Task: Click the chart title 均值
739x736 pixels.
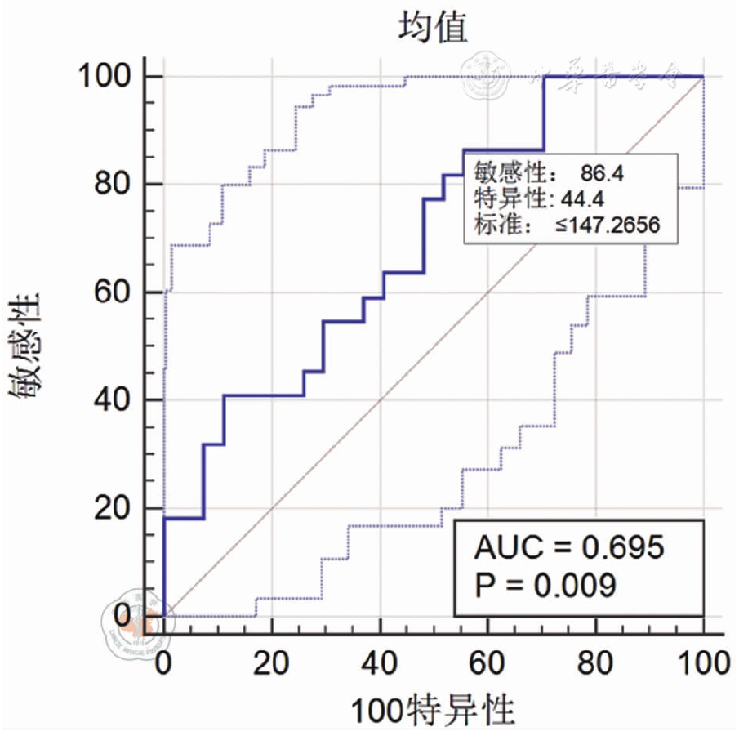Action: click(433, 29)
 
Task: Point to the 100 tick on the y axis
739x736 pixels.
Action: click(105, 76)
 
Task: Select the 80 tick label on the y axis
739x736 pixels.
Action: click(113, 184)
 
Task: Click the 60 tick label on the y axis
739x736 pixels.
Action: click(113, 292)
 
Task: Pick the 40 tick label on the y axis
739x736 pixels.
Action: click(113, 399)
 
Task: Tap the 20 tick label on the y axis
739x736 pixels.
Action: click(113, 507)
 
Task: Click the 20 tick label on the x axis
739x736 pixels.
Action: click(271, 662)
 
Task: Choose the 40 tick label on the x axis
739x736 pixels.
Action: click(380, 662)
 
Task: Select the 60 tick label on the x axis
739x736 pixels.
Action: click(487, 662)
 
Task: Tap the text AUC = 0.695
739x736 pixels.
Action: click(569, 547)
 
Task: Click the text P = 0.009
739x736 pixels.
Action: click(545, 585)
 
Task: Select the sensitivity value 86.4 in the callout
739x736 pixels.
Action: click(603, 172)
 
